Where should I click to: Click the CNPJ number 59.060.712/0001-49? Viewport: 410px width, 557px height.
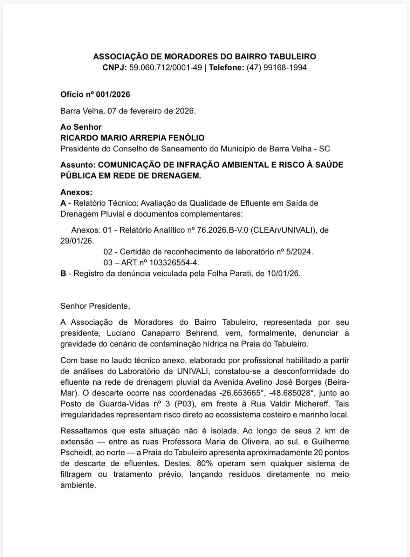[165, 68]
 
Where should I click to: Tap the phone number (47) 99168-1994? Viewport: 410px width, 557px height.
[276, 68]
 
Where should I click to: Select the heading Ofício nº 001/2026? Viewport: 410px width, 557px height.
[95, 95]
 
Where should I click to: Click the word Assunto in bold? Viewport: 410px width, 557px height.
[77, 165]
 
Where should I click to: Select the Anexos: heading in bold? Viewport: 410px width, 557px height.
[76, 192]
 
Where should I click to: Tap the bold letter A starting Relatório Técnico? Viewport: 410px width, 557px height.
[63, 203]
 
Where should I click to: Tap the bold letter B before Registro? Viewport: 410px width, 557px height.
[63, 274]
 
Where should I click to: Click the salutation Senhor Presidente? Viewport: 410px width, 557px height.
[95, 306]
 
